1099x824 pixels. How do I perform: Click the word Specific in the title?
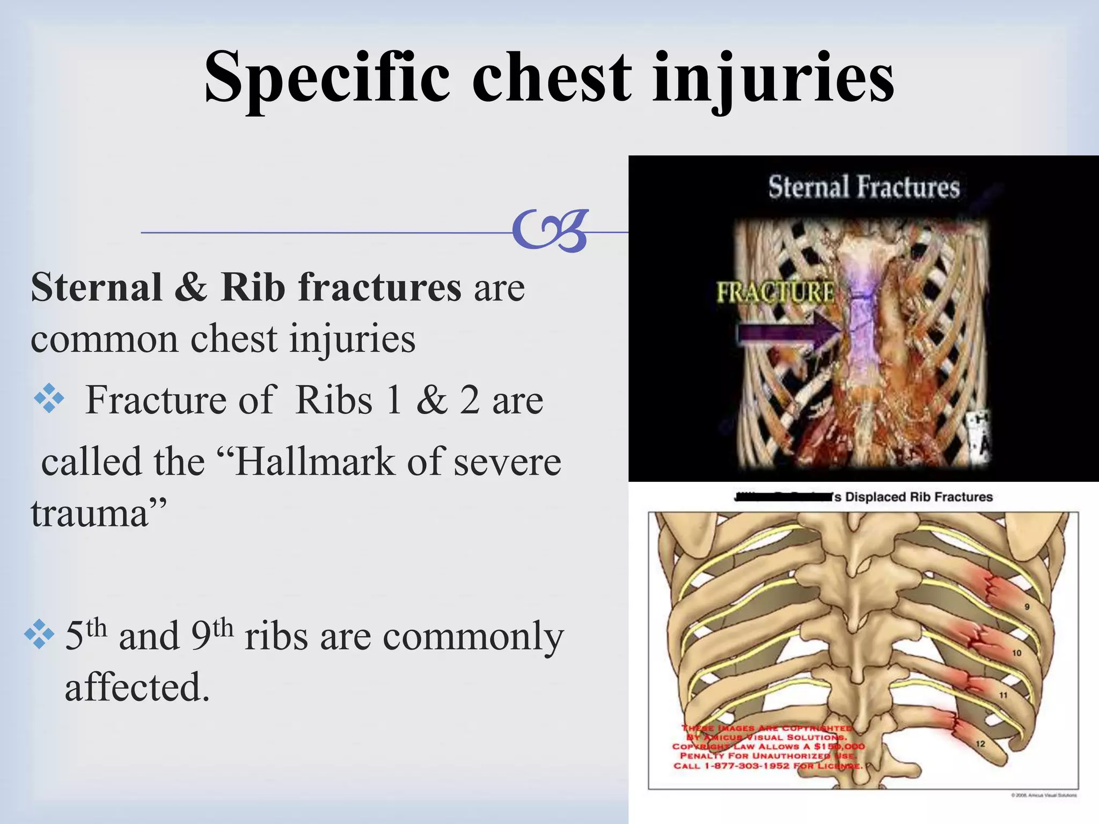click(327, 78)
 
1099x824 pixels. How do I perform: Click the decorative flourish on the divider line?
click(550, 231)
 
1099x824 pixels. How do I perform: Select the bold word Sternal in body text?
click(97, 288)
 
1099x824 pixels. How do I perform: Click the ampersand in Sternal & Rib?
click(191, 288)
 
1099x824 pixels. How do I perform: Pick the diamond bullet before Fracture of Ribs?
click(49, 399)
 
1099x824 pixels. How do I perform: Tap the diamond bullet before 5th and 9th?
click(39, 635)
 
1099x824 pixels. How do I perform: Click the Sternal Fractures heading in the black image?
click(863, 187)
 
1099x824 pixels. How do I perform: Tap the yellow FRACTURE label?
click(775, 292)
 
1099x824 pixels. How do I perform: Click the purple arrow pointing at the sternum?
click(789, 334)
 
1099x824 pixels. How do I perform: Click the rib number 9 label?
click(1027, 607)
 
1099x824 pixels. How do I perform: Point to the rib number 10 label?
click(1016, 653)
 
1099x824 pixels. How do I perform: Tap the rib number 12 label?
click(980, 744)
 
